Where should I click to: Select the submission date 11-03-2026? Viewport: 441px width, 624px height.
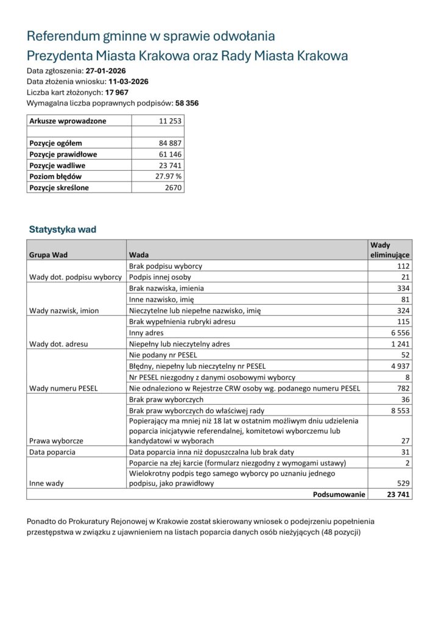pos(128,81)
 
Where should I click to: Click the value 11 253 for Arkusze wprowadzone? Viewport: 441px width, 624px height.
pos(170,121)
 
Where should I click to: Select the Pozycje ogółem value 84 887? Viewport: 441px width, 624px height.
pos(170,143)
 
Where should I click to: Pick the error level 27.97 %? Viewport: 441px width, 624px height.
pos(169,176)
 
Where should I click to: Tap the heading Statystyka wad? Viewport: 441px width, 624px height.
pos(62,230)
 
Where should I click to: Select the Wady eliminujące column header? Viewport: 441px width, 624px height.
pos(389,250)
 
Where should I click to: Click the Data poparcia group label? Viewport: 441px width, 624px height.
pos(52,452)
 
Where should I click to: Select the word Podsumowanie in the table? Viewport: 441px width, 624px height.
pos(339,494)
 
